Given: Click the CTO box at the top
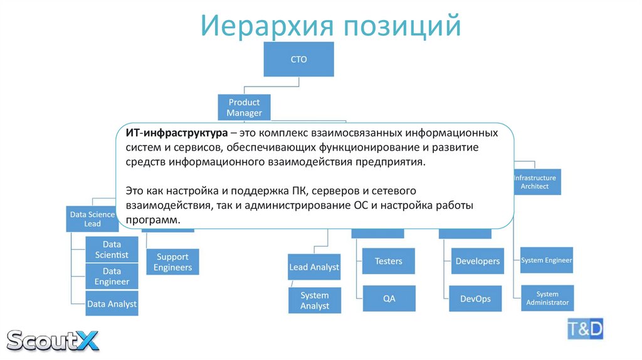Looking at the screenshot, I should (x=298, y=60).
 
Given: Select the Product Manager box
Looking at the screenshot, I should (x=244, y=107).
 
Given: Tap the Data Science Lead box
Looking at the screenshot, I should (x=92, y=219).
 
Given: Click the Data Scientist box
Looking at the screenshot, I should (x=112, y=249).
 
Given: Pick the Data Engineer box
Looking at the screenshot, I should (x=112, y=276).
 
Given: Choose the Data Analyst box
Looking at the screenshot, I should (x=112, y=304).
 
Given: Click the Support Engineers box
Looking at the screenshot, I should (x=172, y=262).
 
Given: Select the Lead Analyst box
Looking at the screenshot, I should (x=314, y=267).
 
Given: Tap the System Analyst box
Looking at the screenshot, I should (x=314, y=300).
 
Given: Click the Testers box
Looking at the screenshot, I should (x=389, y=261).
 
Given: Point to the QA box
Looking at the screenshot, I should (x=389, y=299).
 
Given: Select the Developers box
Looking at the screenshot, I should (x=477, y=261).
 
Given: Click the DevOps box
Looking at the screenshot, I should (x=475, y=299).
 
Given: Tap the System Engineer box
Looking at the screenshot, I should (x=546, y=260).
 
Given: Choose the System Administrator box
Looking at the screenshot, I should (x=547, y=298).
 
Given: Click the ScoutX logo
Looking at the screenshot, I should (x=53, y=340).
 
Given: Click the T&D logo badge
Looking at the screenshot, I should (x=586, y=327).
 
